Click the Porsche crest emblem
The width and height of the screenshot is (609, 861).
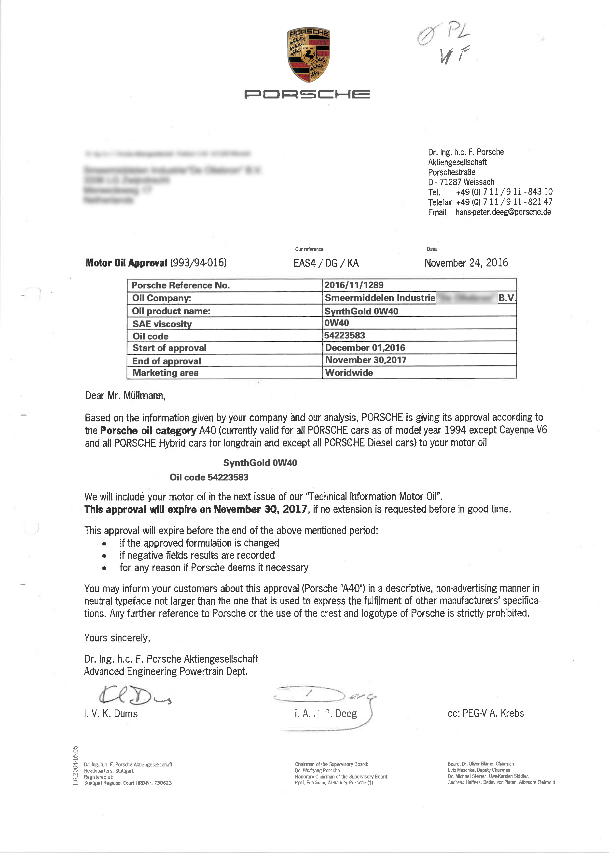[309, 55]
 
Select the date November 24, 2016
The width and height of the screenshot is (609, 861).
[466, 263]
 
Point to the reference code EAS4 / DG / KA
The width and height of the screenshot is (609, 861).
[326, 263]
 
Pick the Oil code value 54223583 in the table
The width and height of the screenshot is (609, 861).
[344, 335]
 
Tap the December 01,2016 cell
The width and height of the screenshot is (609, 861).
[365, 348]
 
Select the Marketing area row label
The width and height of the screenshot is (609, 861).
[165, 373]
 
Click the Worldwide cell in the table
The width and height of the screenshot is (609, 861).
[349, 373]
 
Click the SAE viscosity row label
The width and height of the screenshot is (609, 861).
[162, 324]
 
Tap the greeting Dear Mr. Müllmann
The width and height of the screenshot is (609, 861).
[125, 396]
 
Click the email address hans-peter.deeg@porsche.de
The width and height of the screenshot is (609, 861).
[503, 212]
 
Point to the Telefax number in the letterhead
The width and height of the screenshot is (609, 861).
[504, 202]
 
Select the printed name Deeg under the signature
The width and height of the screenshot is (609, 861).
[346, 714]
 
